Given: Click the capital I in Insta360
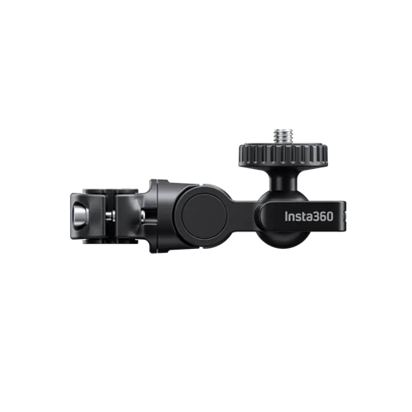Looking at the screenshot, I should pos(286,217).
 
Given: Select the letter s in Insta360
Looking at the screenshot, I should pos(297,218).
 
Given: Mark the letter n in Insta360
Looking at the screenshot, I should pos(291,218).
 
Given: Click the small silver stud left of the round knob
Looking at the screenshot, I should pos(143,213).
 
